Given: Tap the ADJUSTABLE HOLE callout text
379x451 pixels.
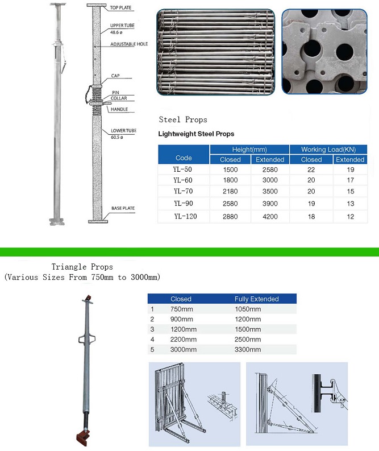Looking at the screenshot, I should pyautogui.click(x=130, y=44).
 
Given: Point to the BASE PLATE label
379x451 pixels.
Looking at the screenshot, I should pyautogui.click(x=123, y=209).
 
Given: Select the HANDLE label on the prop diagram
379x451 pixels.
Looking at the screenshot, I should pyautogui.click(x=119, y=109).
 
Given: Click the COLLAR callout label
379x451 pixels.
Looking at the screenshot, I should pyautogui.click(x=120, y=98).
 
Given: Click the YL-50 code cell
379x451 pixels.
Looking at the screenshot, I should pyautogui.click(x=183, y=170).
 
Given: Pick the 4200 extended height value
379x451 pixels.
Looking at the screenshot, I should pyautogui.click(x=270, y=216).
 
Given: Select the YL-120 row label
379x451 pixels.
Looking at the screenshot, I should pyautogui.click(x=184, y=216).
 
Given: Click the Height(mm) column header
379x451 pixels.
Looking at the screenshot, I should pyautogui.click(x=249, y=149).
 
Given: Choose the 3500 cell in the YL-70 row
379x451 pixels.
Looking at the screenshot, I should pyautogui.click(x=270, y=191).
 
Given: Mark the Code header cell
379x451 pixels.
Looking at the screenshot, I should pyautogui.click(x=184, y=158).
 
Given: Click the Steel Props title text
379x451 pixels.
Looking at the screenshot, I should pyautogui.click(x=183, y=120).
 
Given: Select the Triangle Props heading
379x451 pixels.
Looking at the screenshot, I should pyautogui.click(x=82, y=267).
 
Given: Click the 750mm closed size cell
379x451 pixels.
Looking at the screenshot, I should pyautogui.click(x=181, y=309).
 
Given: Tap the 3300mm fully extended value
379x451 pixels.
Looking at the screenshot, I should pyautogui.click(x=248, y=349).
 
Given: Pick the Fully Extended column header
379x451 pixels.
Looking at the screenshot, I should pyautogui.click(x=257, y=299).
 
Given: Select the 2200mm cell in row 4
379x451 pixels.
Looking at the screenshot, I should pyautogui.click(x=184, y=339).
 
